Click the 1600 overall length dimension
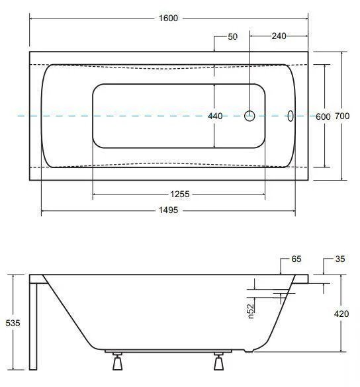pyautogui.click(x=168, y=19)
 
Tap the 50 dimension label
pyautogui.click(x=232, y=37)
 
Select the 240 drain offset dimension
pyautogui.click(x=279, y=36)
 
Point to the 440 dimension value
pyautogui.click(x=215, y=116)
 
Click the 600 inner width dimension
pyautogui.click(x=323, y=116)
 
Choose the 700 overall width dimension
pyautogui.click(x=342, y=116)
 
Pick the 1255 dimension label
pyautogui.click(x=180, y=194)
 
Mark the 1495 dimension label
pyautogui.click(x=168, y=210)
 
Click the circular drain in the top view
pyautogui.click(x=249, y=116)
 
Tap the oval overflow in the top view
pyautogui.click(x=291, y=116)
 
